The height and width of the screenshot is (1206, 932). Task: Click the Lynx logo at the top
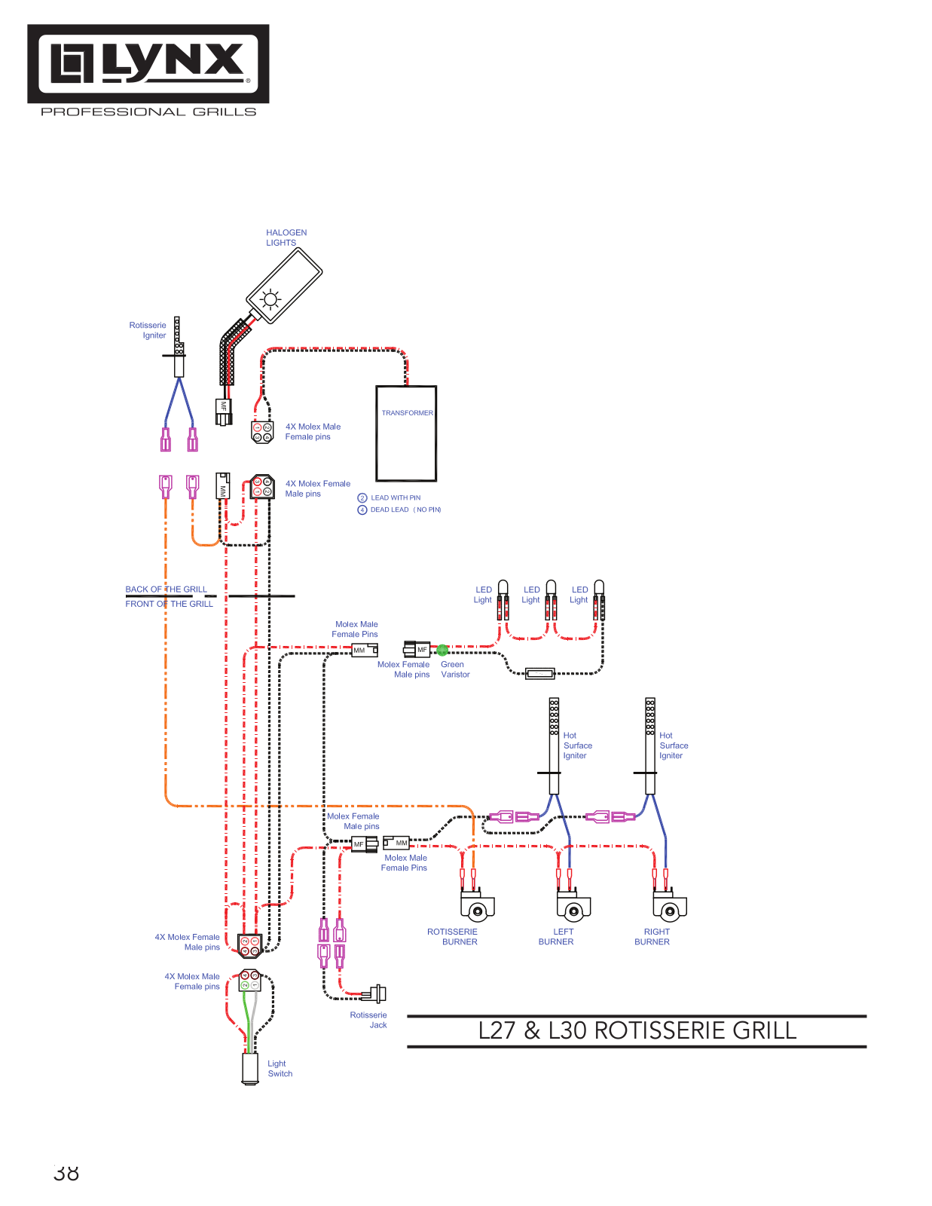click(x=148, y=63)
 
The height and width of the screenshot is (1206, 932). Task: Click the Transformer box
click(x=406, y=433)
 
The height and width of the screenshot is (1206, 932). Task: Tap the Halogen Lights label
click(x=286, y=237)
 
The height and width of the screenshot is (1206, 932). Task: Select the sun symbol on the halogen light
click(x=270, y=300)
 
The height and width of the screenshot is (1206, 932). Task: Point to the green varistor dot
click(x=442, y=650)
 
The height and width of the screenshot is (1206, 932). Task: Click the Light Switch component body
click(x=250, y=1068)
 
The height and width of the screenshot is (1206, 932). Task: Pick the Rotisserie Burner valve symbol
click(x=477, y=904)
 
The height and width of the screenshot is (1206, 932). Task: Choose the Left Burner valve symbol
click(x=573, y=904)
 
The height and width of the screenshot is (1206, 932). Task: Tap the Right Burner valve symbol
click(x=670, y=904)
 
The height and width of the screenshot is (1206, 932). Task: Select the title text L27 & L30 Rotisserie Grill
click(x=637, y=1030)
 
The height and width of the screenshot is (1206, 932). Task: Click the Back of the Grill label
click(x=166, y=589)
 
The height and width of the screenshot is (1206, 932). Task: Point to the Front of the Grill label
click(x=170, y=604)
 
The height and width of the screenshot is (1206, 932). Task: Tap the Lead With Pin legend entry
click(x=389, y=497)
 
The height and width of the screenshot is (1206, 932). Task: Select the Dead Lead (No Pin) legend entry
click(x=399, y=510)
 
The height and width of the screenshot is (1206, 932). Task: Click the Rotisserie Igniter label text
click(x=148, y=330)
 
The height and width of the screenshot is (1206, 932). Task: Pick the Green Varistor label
click(x=455, y=669)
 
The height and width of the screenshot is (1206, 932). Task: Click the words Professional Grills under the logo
click(x=148, y=112)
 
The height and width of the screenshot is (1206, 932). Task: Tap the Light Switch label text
click(x=280, y=1068)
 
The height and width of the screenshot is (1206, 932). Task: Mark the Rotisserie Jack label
click(x=368, y=1020)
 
